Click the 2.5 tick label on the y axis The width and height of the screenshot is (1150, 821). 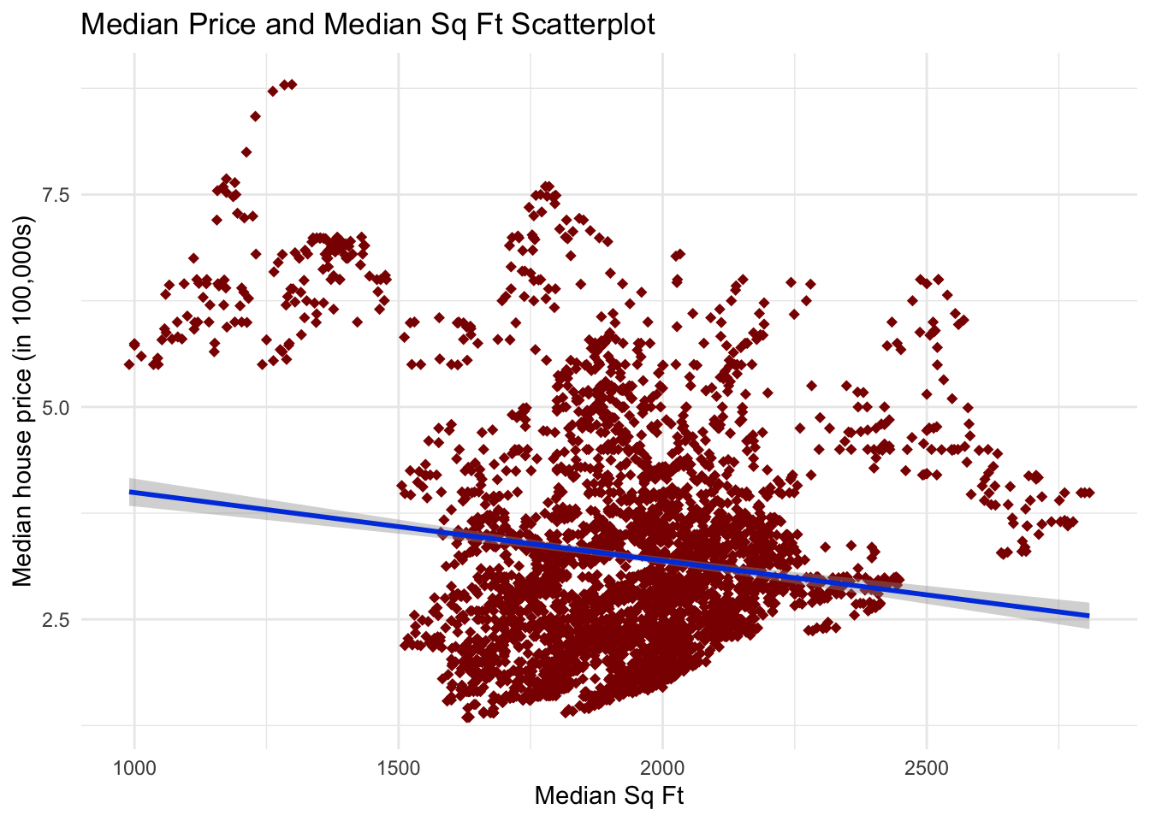pos(56,619)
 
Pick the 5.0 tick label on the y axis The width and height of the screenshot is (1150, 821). pos(56,407)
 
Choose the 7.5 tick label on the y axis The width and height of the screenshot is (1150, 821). pos(56,195)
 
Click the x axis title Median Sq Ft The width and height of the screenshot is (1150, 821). pos(609,795)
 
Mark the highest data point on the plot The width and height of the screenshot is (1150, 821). pos(292,84)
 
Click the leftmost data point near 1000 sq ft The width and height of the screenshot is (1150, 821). pos(128,364)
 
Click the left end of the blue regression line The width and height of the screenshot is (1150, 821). pos(130,492)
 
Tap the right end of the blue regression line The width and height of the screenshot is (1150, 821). pos(1088,615)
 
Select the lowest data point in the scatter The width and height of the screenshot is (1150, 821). pos(467,718)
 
